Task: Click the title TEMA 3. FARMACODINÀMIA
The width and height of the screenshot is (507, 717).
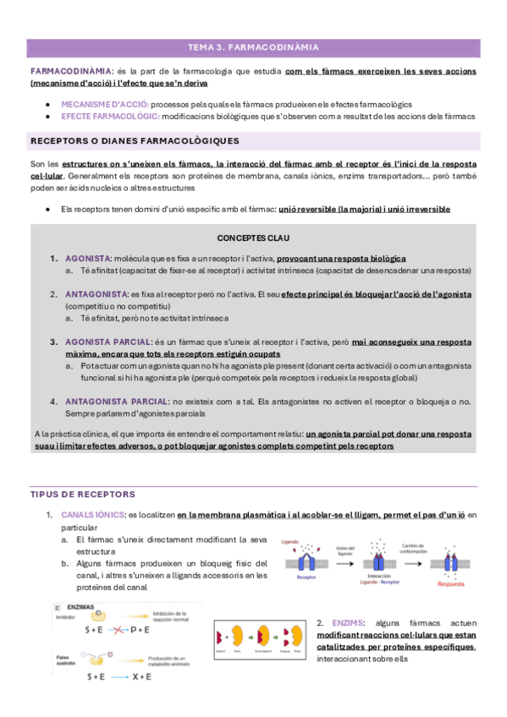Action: pos(253,47)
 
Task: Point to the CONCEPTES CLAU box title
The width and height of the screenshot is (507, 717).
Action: pos(253,238)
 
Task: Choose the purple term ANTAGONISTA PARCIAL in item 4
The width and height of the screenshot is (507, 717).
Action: pos(116,401)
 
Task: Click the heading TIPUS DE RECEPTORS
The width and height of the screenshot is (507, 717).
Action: pos(82,494)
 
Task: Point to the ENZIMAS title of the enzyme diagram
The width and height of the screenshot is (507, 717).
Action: pos(82,607)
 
